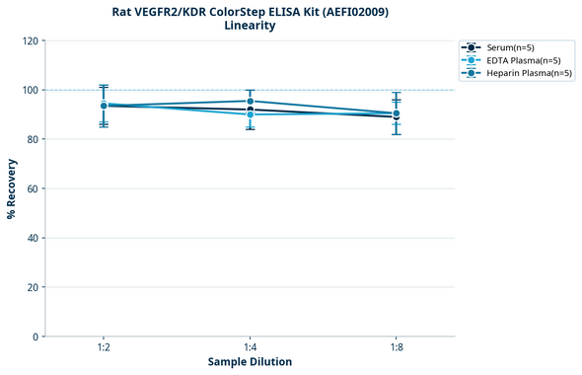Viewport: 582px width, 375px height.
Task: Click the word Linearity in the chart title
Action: [250, 26]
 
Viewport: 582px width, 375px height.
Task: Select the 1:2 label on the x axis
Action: [104, 347]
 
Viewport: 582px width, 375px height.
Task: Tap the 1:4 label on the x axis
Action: [250, 347]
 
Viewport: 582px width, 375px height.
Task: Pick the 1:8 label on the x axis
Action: [396, 347]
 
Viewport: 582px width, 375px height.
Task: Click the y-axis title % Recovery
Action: [12, 187]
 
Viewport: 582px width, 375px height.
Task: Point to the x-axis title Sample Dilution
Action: [250, 362]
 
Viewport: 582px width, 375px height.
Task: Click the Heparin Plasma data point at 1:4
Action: [250, 102]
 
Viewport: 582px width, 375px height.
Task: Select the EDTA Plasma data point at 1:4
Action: [250, 114]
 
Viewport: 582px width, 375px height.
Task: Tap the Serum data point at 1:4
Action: [250, 110]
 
